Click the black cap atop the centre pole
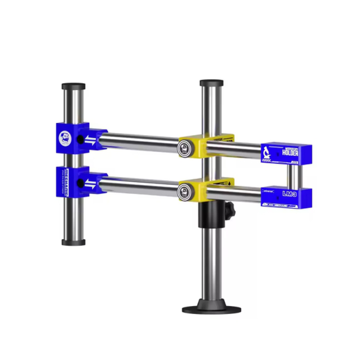[x=211, y=84]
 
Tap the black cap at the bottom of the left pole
[x=73, y=243]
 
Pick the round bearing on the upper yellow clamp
[x=182, y=148]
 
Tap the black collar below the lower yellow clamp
[x=211, y=215]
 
